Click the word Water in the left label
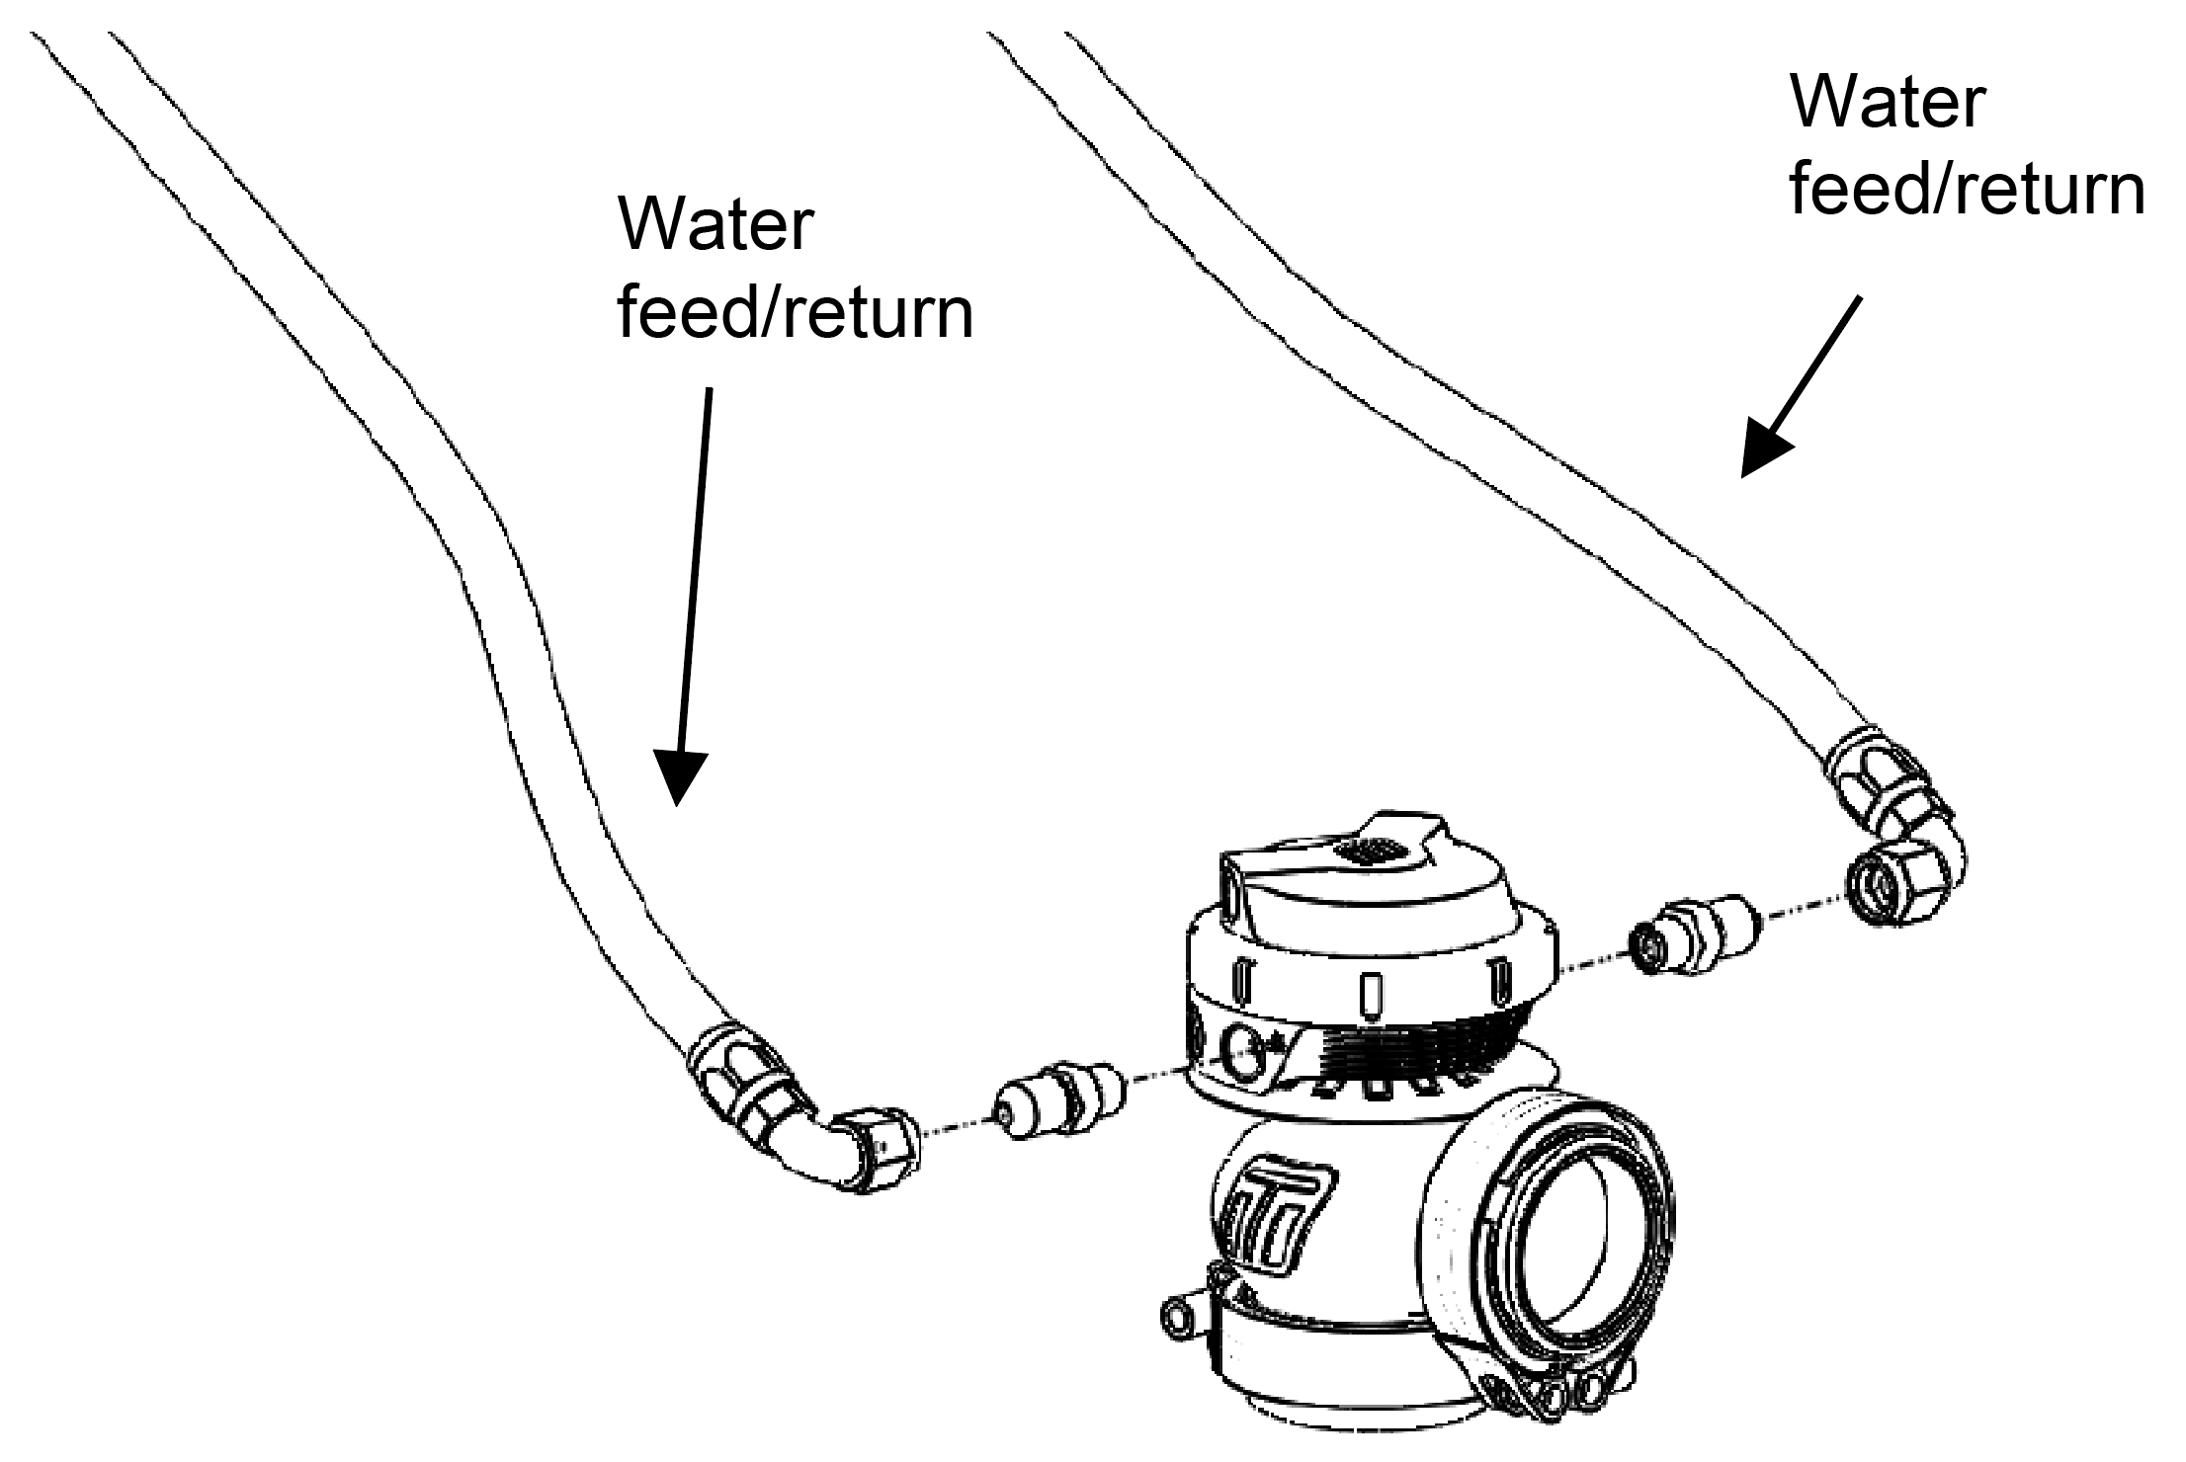(x=714, y=225)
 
